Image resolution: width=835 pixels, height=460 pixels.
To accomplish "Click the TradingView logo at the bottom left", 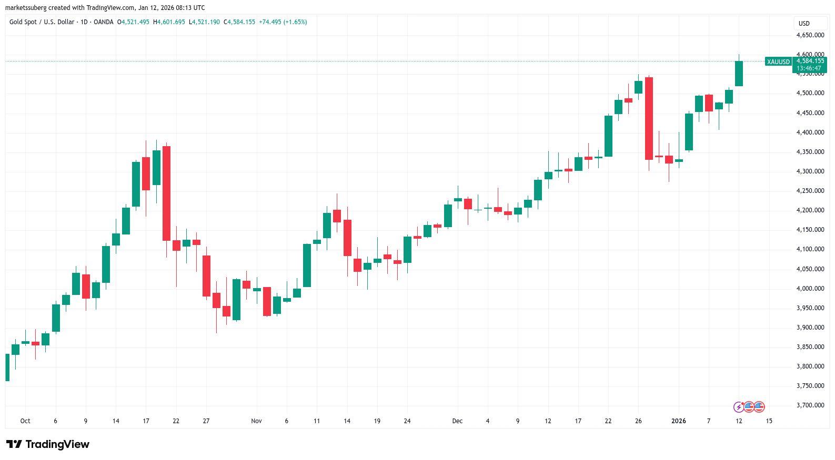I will [48, 444].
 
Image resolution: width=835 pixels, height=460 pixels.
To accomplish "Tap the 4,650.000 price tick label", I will [810, 35].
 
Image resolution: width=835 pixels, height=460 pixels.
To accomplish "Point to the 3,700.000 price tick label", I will [810, 405].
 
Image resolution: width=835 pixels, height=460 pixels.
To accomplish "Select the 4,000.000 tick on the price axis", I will [810, 289].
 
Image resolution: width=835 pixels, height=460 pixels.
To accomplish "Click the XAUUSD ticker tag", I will [778, 62].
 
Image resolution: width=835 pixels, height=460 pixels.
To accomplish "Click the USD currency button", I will [804, 24].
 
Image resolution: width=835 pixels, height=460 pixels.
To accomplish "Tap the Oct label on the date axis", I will [25, 421].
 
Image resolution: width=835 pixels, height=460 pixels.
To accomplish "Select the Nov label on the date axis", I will [256, 421].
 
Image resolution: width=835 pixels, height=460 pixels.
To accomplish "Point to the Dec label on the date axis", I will [457, 421].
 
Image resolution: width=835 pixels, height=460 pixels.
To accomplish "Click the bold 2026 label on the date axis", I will [678, 421].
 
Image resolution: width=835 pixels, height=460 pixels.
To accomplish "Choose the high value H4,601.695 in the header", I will [169, 22].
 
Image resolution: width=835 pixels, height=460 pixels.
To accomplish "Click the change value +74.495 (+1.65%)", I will [283, 22].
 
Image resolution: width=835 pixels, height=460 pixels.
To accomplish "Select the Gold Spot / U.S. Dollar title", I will [42, 22].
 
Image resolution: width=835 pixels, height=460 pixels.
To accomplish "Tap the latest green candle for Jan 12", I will [739, 74].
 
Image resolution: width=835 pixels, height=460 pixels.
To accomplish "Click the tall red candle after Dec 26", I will [649, 118].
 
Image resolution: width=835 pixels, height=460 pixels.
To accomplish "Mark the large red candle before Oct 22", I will [166, 193].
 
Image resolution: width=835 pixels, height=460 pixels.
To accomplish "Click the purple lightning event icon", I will [739, 407].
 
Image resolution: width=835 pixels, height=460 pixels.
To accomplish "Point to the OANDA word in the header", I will [103, 22].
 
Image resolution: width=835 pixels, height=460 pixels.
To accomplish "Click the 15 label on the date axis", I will [769, 421].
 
